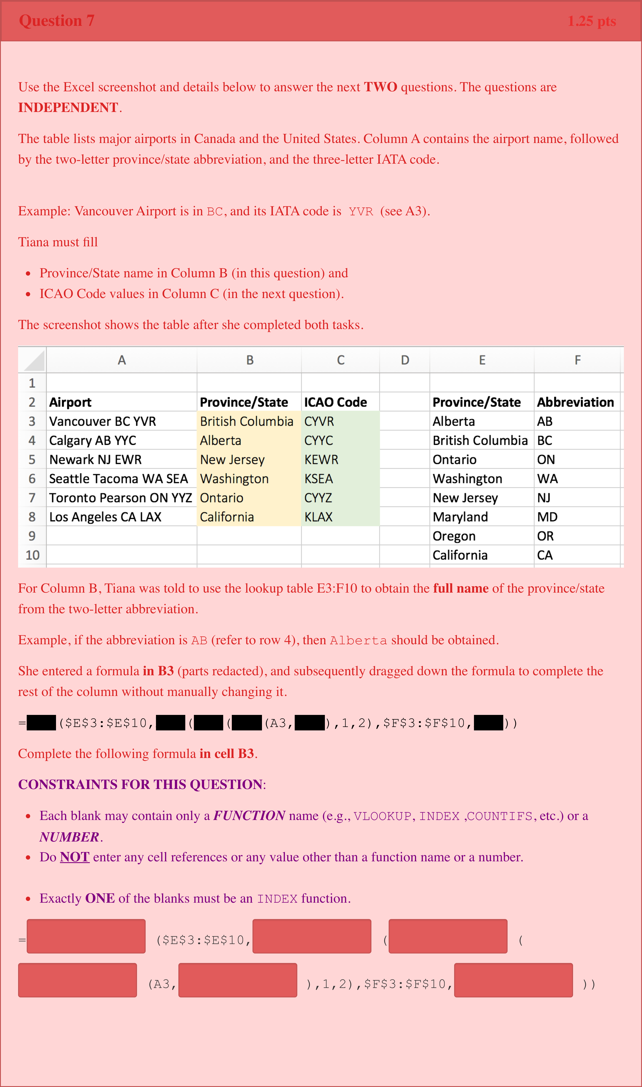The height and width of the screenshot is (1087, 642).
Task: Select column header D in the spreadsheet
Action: (x=405, y=360)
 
